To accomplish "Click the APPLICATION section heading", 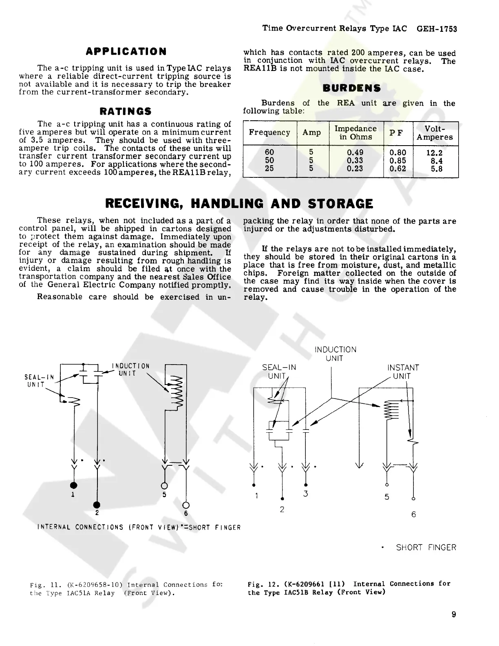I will pos(126,52).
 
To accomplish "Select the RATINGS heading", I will pos(126,111).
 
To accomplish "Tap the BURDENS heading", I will pos(351,88).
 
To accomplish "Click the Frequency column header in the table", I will pos(269,133).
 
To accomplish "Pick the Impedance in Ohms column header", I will pos(355,133).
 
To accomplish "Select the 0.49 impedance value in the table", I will pos(355,153).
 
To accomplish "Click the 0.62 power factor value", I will pos(397,168).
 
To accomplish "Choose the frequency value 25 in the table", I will pos(269,168).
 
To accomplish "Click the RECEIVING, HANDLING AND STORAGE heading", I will pos(239,204).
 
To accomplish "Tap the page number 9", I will pos(454,615).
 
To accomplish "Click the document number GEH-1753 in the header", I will pos(437,29).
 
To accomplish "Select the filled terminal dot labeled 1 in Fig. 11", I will pos(74,485).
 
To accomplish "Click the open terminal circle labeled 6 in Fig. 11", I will pos(186,504).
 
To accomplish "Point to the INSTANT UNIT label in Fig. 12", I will pos(403,372).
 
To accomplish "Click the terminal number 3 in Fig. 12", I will pos(305,494).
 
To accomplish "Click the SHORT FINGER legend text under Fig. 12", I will pos(426,547).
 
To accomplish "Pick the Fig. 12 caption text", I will pos(349,588).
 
